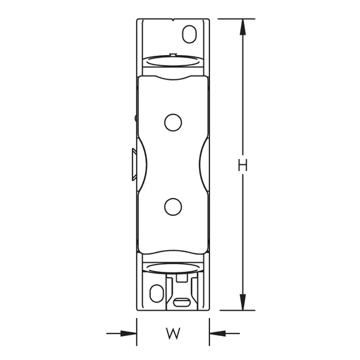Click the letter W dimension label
(x=173, y=332)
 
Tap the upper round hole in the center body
(x=173, y=122)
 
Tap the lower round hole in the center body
(x=173, y=206)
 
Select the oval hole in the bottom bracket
(x=156, y=294)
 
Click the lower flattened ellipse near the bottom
(x=173, y=269)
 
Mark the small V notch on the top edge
(x=173, y=21)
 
